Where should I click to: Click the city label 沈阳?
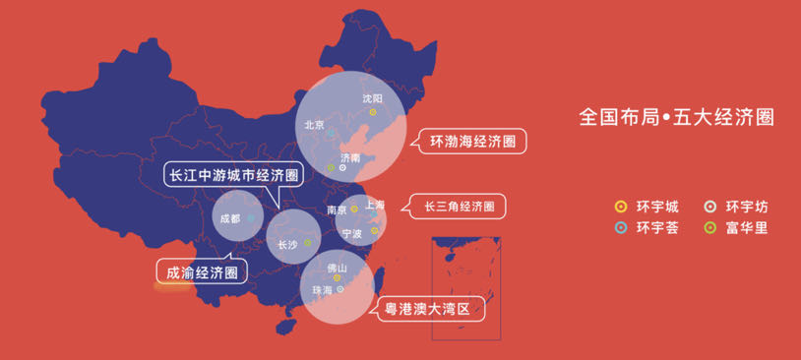(372, 98)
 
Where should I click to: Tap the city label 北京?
(315, 125)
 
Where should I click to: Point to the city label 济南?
(349, 157)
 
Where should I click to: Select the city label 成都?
(229, 218)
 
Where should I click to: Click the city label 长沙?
(287, 244)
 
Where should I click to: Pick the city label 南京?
(337, 210)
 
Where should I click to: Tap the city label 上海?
(374, 205)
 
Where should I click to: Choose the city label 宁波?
(351, 234)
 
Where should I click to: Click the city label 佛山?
(337, 268)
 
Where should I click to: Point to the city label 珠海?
(322, 290)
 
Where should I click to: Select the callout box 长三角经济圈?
(459, 207)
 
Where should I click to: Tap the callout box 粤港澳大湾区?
(434, 309)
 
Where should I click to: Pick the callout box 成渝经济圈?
(202, 271)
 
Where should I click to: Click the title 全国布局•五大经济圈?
(677, 117)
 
